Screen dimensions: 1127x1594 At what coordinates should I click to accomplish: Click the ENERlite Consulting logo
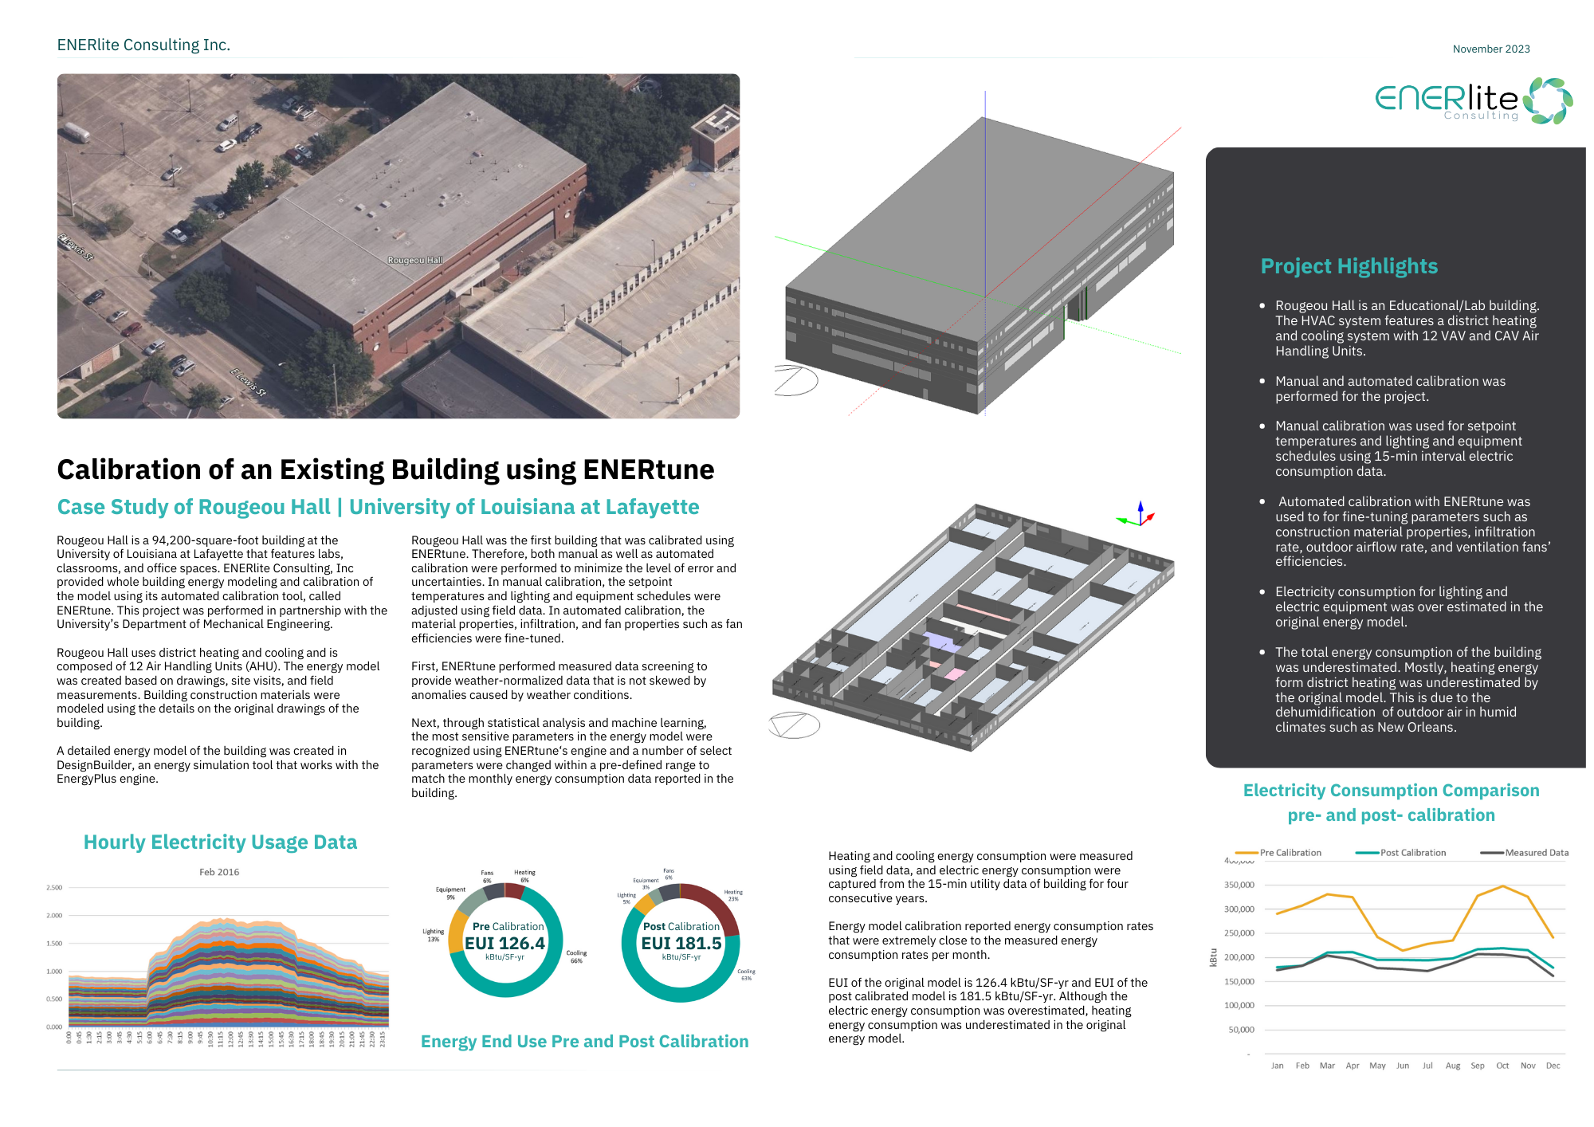(x=1473, y=101)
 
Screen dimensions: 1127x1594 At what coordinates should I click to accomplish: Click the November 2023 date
(x=1490, y=49)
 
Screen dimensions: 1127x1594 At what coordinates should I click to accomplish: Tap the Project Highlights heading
(x=1349, y=266)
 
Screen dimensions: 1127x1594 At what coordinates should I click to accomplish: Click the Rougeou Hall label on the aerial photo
(x=414, y=261)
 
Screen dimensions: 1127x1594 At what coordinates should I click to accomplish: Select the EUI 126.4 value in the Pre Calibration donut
(x=505, y=944)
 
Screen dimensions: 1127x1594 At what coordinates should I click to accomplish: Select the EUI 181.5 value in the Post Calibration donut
(x=681, y=944)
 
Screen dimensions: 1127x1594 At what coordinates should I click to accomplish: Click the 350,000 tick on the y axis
(x=1239, y=885)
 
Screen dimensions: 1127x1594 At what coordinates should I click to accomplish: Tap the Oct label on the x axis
(x=1502, y=1066)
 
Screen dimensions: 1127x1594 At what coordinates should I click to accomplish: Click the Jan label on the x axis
(x=1278, y=1066)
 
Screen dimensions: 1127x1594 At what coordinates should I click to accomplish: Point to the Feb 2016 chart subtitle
(x=219, y=872)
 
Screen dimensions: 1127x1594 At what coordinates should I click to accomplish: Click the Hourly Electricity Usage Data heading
(x=220, y=842)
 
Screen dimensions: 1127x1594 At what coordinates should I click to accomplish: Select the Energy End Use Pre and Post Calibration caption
(x=584, y=1042)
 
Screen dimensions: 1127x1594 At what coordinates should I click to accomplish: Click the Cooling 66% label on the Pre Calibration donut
(x=576, y=956)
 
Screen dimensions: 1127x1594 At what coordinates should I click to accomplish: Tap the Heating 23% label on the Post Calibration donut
(x=733, y=895)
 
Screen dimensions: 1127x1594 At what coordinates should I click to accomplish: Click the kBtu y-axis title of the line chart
(x=1214, y=957)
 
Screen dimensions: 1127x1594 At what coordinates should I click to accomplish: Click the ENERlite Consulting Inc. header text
(x=143, y=45)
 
